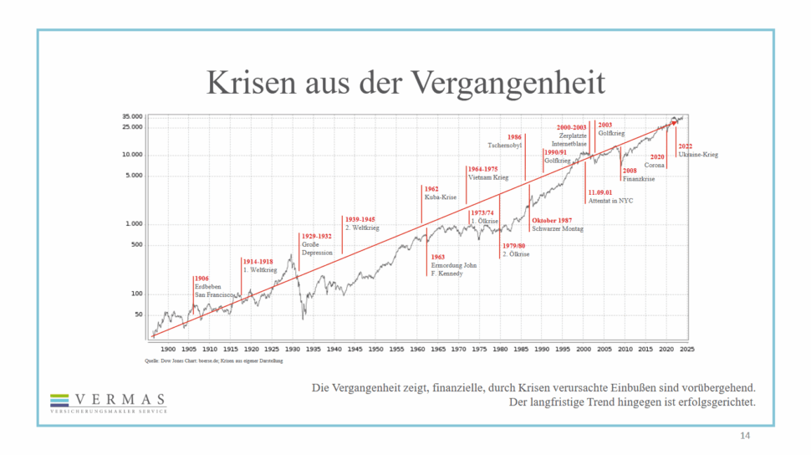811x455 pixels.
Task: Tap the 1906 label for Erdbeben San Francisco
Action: (201, 279)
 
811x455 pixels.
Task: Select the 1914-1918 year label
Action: (258, 262)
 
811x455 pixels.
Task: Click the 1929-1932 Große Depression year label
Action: (316, 237)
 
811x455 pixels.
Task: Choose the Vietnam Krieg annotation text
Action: (488, 178)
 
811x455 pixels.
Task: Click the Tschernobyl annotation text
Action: (505, 146)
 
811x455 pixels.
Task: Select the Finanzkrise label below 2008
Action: (639, 179)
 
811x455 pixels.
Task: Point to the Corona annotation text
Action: (655, 166)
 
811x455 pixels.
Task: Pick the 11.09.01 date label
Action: (599, 192)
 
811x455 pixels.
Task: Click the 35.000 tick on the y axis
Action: (132, 116)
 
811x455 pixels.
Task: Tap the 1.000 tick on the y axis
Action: (133, 224)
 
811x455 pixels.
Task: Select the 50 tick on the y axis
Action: (138, 314)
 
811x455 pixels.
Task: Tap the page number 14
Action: (746, 437)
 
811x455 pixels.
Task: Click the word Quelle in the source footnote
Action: (152, 360)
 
